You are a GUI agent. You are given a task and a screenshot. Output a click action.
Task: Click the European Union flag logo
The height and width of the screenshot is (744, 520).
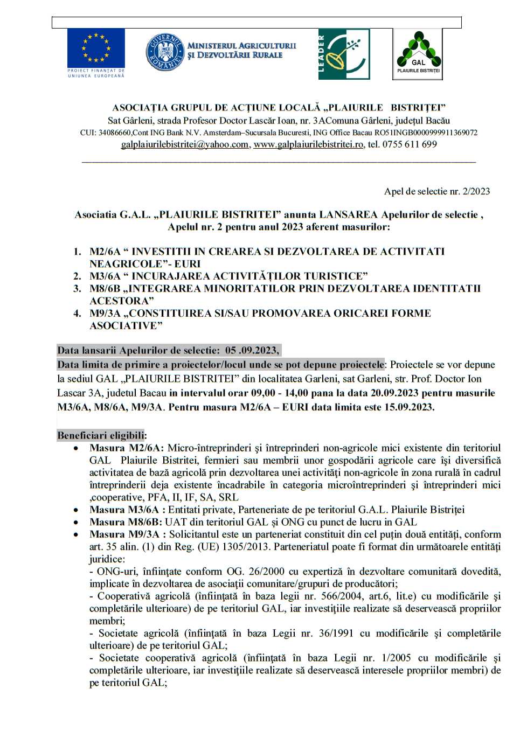click(x=96, y=48)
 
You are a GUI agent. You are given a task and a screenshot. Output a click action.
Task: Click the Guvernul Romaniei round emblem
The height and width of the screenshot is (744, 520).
click(x=165, y=52)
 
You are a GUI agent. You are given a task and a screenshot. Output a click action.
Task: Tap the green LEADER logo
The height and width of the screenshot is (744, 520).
click(x=344, y=54)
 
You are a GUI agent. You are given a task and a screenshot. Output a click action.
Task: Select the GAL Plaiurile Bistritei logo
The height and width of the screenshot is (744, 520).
click(x=418, y=54)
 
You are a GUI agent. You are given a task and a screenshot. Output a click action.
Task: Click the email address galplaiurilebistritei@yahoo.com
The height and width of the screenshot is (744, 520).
click(x=185, y=144)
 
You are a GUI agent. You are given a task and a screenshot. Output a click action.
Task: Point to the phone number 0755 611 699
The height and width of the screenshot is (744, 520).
click(x=410, y=144)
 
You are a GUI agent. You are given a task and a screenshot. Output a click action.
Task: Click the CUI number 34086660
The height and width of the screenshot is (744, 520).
click(x=114, y=133)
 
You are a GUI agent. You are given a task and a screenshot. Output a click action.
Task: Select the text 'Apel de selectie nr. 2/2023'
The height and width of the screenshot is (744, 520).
click(x=436, y=191)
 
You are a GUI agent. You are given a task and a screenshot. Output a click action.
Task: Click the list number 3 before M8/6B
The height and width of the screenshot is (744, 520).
click(x=77, y=289)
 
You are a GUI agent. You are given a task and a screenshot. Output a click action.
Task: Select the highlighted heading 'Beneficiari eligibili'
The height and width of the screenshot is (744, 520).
click(x=101, y=435)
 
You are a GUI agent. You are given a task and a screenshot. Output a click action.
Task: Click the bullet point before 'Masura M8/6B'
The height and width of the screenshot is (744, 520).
click(x=77, y=522)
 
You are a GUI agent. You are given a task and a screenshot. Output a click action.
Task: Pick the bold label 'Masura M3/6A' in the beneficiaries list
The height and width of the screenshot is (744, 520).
click(x=124, y=510)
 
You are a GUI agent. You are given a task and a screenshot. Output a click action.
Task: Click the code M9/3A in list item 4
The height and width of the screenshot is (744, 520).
click(x=105, y=314)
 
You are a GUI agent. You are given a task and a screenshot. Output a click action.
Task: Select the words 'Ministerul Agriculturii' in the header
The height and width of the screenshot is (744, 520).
click(x=241, y=46)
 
